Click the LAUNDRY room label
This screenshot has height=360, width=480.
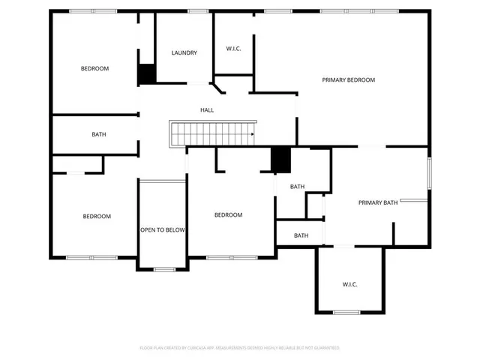(x=184, y=52)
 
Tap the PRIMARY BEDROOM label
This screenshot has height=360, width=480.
(x=348, y=79)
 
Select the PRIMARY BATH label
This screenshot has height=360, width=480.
(x=377, y=202)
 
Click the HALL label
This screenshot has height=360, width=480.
(x=207, y=110)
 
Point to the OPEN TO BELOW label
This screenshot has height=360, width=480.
(x=162, y=230)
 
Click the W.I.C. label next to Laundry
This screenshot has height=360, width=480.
(x=233, y=49)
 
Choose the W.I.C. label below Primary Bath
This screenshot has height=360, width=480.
(x=349, y=284)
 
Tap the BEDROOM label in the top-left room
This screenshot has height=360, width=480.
(x=94, y=69)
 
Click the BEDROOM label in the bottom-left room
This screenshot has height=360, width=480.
(x=97, y=217)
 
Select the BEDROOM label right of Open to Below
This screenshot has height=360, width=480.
(x=228, y=215)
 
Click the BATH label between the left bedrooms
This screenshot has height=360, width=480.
(x=99, y=135)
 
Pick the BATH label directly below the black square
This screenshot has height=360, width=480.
(x=297, y=187)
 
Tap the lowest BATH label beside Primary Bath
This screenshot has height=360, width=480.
(x=301, y=235)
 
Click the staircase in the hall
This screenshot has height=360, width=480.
(x=213, y=134)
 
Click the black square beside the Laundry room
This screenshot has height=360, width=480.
(x=146, y=73)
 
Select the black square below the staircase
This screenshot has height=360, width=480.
(x=280, y=159)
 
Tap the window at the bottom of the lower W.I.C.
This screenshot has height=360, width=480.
(x=346, y=312)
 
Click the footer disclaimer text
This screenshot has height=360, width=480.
(x=240, y=348)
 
